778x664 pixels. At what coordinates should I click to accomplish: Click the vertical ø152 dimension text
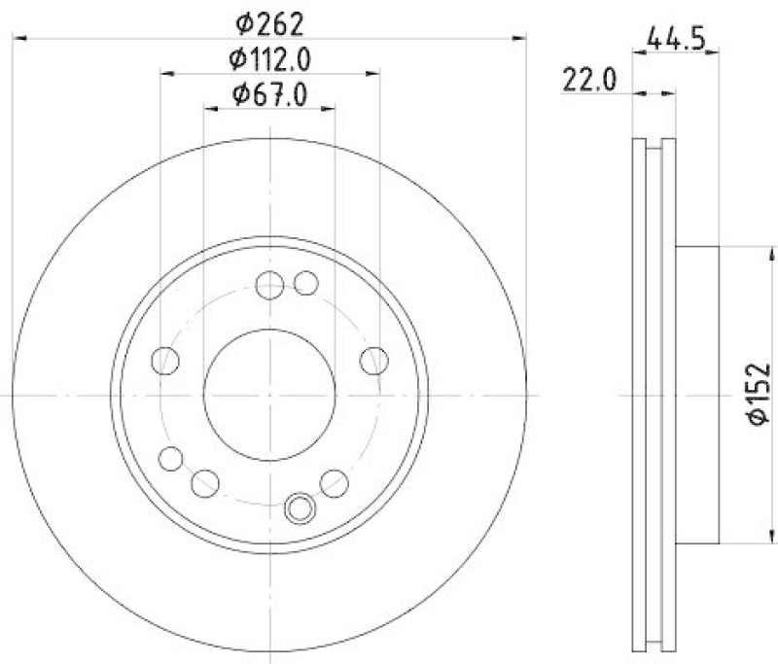(x=758, y=394)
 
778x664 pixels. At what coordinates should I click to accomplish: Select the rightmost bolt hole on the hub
(x=372, y=361)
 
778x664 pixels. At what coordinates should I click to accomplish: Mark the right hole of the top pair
(x=305, y=284)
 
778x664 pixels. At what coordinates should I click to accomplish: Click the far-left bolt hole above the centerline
(x=166, y=361)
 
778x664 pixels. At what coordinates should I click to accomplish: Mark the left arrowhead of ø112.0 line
(x=166, y=73)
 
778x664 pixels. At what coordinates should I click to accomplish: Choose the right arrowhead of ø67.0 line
(x=331, y=108)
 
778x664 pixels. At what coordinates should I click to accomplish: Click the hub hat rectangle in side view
(x=697, y=394)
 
